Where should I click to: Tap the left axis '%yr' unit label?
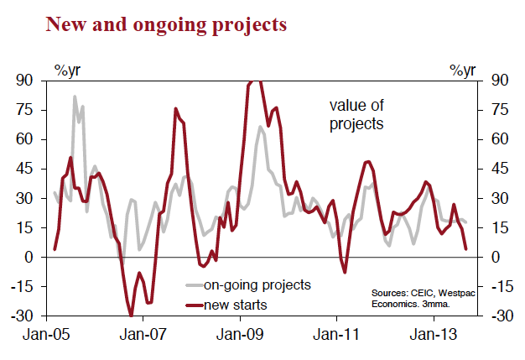pos(68,70)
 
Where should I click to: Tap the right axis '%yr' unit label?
pos(463,70)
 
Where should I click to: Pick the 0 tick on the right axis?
pos(496,258)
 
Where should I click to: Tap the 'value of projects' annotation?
pos(356,115)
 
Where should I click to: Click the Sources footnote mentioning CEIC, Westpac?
pos(418,298)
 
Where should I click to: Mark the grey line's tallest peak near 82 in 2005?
pos(74,97)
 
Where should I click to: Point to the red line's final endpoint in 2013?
pos(466,248)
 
